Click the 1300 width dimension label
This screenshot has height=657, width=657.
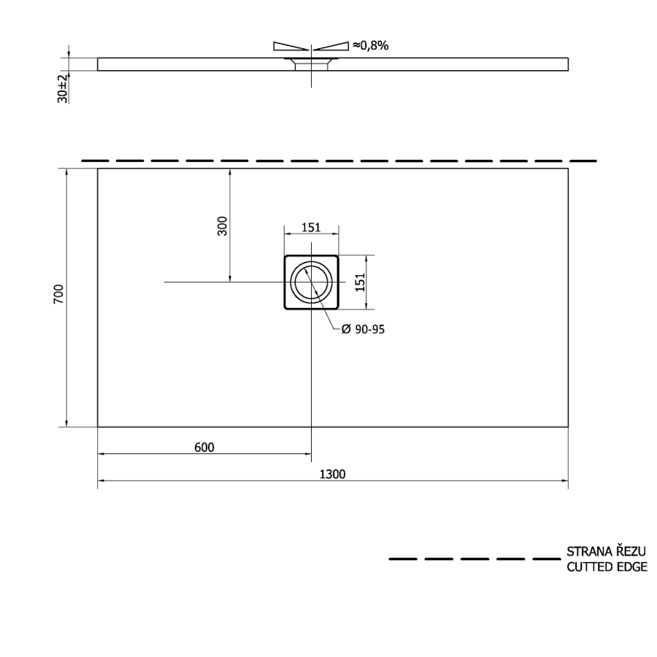[x=332, y=474]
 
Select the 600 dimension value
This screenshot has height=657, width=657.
[x=204, y=447]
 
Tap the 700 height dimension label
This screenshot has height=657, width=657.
[x=58, y=294]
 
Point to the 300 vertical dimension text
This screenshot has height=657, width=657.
[x=222, y=226]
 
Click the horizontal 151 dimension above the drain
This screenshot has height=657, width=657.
[x=311, y=228]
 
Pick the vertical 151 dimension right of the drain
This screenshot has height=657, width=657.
[x=360, y=282]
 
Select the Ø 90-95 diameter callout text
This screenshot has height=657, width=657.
[x=363, y=329]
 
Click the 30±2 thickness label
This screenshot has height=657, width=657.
[x=63, y=89]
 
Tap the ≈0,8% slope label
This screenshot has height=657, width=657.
[x=370, y=45]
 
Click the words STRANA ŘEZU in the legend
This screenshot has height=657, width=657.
[x=606, y=550]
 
